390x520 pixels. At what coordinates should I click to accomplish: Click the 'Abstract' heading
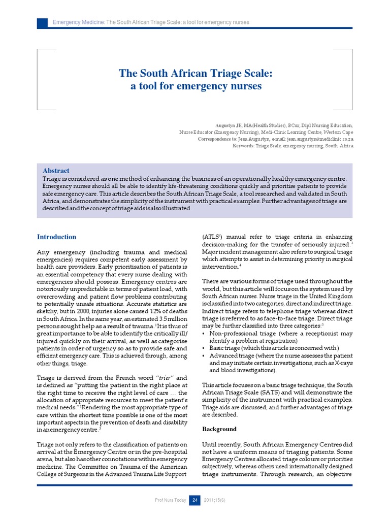tap(56, 171)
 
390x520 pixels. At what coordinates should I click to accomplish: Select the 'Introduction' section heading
tap(56, 237)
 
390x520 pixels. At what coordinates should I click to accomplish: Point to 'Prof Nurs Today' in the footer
tap(171, 501)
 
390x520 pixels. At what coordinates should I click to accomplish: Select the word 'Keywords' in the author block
tap(243, 146)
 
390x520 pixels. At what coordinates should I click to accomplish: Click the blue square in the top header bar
tap(42, 22)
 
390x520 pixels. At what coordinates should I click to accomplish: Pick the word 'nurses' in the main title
tap(246, 86)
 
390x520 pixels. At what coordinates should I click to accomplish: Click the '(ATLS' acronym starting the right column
tap(211, 237)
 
